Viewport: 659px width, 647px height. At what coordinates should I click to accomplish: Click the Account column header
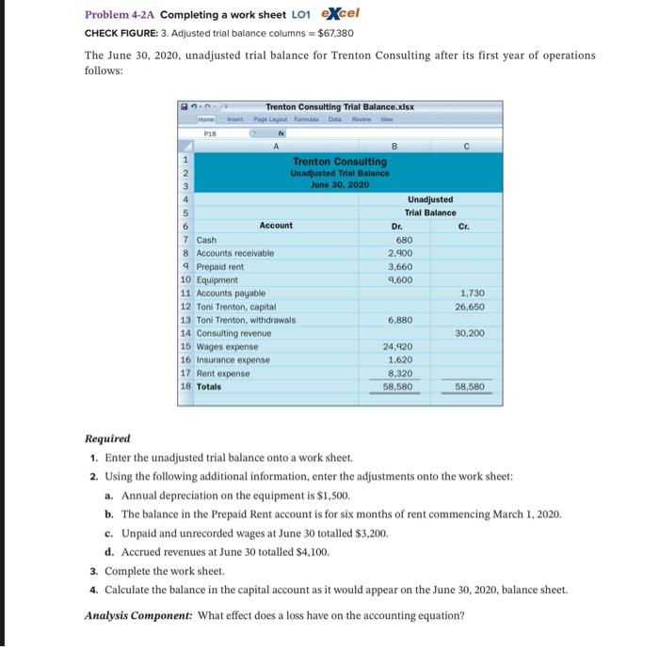276,226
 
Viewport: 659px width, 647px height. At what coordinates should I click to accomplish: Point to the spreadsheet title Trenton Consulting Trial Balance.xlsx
340,106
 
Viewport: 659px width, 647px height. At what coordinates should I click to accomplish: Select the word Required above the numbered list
107,438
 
